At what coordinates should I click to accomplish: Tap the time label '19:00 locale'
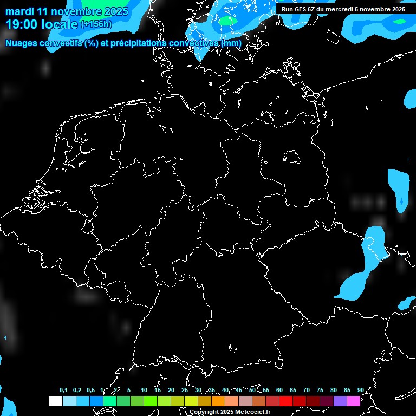click(x=41, y=24)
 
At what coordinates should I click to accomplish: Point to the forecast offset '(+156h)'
click(x=96, y=24)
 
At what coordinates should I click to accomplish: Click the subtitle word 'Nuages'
click(x=21, y=43)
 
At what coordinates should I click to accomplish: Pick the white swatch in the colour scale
click(x=56, y=401)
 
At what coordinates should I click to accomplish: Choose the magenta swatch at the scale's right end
click(x=354, y=401)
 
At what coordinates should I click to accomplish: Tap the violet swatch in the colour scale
click(x=340, y=401)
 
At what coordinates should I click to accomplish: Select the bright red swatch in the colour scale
click(x=286, y=401)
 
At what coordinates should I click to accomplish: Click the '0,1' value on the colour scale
click(x=63, y=390)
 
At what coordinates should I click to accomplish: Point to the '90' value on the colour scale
click(x=360, y=390)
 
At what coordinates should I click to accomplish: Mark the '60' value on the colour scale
click(x=279, y=390)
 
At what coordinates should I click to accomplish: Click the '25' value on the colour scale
click(x=184, y=390)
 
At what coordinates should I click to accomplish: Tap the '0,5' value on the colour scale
click(x=90, y=390)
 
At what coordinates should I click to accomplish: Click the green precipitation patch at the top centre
click(x=226, y=21)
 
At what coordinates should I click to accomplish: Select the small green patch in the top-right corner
click(x=400, y=22)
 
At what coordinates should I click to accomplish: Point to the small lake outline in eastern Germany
click(x=292, y=157)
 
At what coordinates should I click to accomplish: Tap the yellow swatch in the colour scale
click(x=191, y=401)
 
